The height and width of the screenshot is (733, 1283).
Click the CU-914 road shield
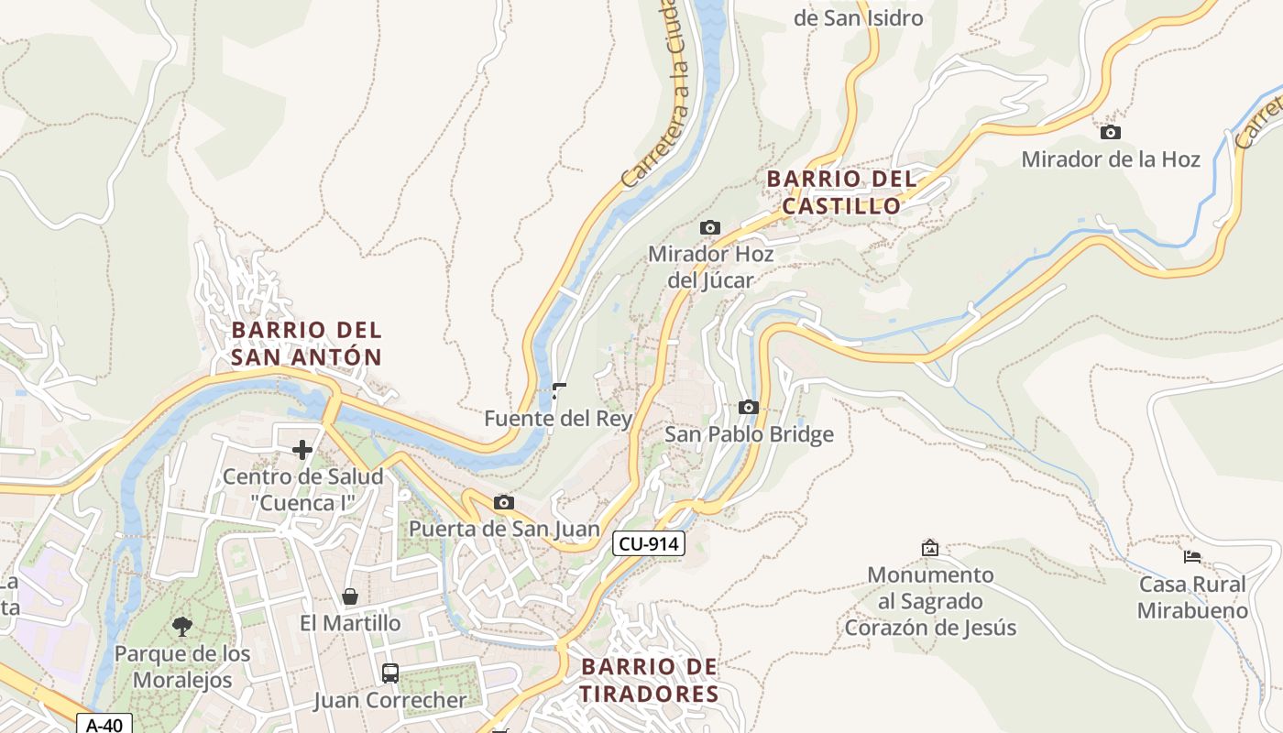[649, 543]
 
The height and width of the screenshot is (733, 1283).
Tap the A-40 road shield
[104, 724]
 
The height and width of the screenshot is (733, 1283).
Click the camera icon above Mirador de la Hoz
[1110, 133]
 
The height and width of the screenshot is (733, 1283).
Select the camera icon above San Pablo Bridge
[749, 407]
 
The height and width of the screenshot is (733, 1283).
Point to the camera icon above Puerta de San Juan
[503, 502]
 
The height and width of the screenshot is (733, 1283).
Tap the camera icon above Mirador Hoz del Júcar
[709, 227]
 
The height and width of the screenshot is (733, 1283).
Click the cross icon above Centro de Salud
[302, 450]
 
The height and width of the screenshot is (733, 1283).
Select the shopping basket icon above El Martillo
[350, 596]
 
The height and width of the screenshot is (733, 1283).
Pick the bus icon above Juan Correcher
[389, 673]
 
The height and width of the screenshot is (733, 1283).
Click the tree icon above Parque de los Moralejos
[181, 627]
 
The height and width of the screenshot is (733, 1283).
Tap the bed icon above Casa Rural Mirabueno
[1191, 556]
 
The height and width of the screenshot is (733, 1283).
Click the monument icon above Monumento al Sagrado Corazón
[929, 548]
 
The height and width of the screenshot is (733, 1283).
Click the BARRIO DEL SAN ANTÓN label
[306, 343]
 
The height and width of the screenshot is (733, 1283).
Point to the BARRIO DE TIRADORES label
[650, 680]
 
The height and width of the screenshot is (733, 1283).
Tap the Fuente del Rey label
[558, 420]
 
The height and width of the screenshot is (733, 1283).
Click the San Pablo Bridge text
[749, 434]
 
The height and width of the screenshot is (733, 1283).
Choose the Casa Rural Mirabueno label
[1192, 597]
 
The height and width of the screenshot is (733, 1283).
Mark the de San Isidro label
[858, 17]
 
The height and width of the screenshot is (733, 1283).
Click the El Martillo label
[350, 623]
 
